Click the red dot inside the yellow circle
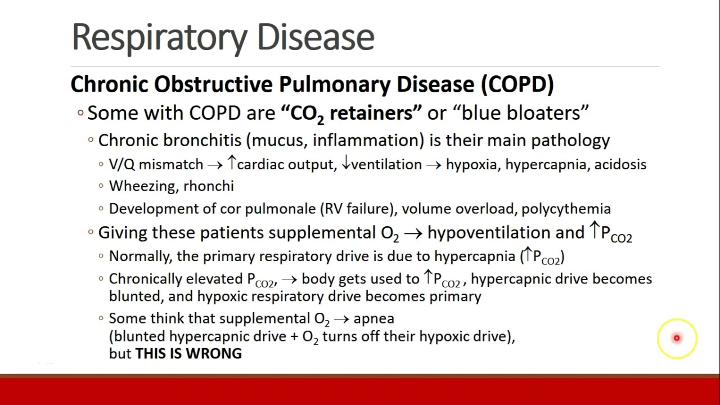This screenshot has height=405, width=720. click(x=677, y=338)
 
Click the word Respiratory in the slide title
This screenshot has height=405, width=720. click(x=160, y=37)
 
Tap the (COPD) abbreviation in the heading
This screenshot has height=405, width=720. click(x=517, y=84)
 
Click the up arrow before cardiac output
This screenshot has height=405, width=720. click(x=231, y=164)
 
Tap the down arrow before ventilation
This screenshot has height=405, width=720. click(x=346, y=164)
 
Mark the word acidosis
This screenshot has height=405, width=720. click(x=620, y=164)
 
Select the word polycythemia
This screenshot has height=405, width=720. click(x=566, y=209)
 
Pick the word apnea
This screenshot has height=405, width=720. click(x=373, y=318)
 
